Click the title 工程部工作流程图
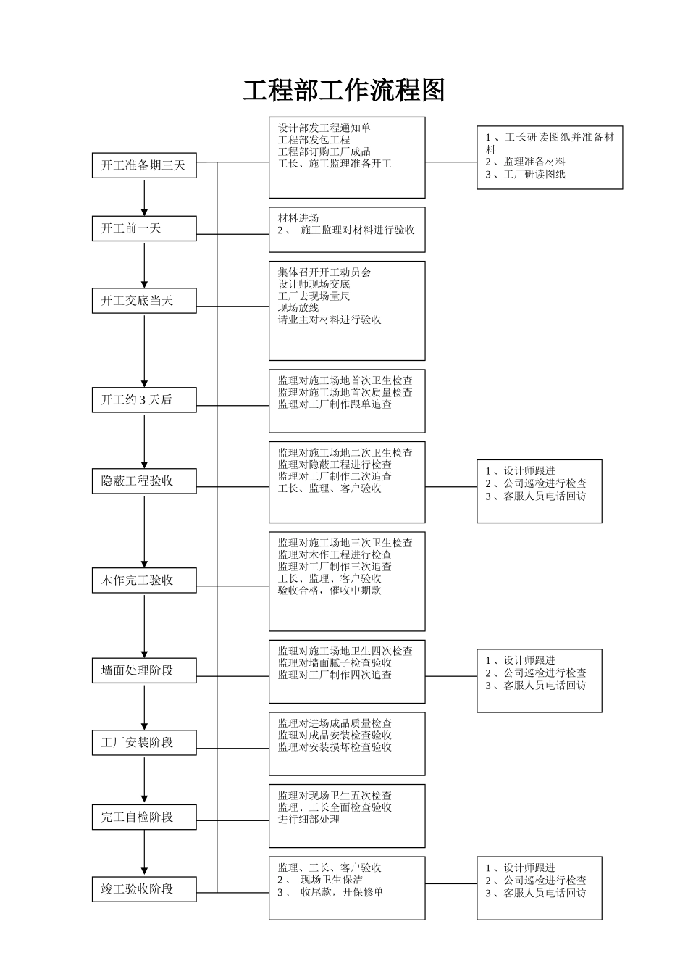(x=343, y=91)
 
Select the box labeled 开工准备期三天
(x=143, y=165)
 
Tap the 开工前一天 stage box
(x=143, y=228)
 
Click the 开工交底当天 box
(x=143, y=301)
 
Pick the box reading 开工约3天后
(x=143, y=400)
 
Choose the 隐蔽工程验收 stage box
(x=143, y=481)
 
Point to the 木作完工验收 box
(x=143, y=580)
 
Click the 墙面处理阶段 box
(x=143, y=670)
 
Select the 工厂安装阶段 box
(x=143, y=743)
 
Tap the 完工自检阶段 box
(x=143, y=817)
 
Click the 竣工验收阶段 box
(x=143, y=889)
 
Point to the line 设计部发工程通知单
(x=324, y=128)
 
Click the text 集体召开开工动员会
(x=324, y=272)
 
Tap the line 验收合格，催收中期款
(x=330, y=591)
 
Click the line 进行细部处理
(x=309, y=819)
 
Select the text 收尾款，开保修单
(x=342, y=892)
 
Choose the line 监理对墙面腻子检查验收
(x=335, y=663)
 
